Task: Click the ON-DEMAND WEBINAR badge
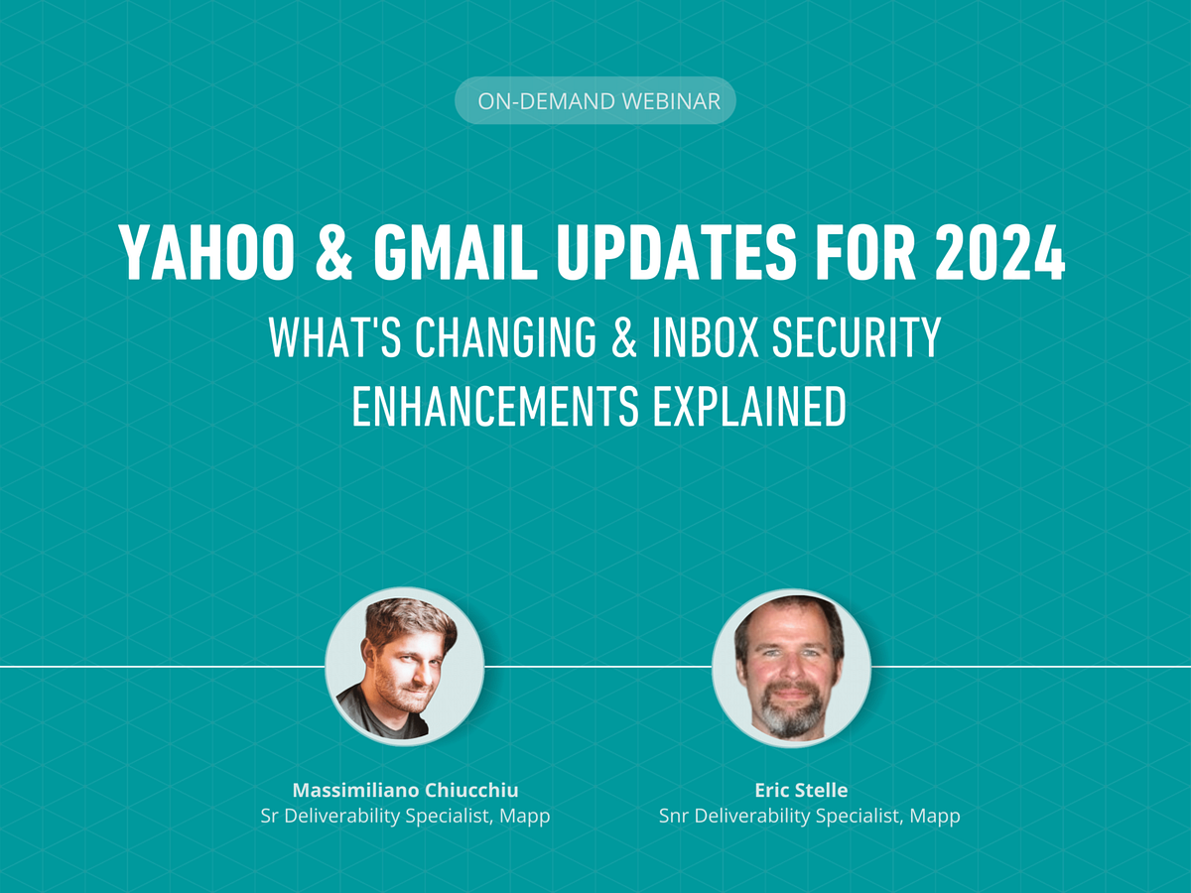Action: pyautogui.click(x=595, y=101)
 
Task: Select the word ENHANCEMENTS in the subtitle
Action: pyautogui.click(x=485, y=408)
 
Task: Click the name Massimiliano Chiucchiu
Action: pyautogui.click(x=405, y=791)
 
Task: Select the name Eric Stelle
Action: pyautogui.click(x=801, y=791)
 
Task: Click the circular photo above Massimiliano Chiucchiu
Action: pyautogui.click(x=405, y=666)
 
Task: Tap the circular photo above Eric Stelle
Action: pyautogui.click(x=791, y=666)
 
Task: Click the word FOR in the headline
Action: pyautogui.click(x=868, y=253)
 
